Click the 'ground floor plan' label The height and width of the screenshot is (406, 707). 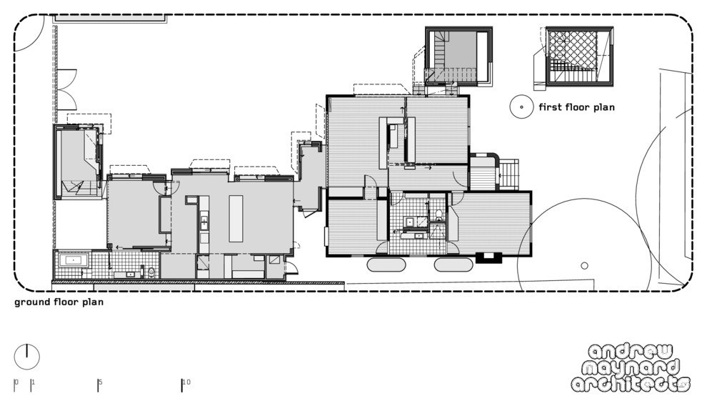(59, 302)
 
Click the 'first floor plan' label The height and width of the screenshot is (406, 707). (576, 107)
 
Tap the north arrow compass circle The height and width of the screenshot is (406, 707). (27, 357)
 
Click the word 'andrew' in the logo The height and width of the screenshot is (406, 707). (630, 352)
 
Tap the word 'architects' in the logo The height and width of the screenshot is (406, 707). (631, 384)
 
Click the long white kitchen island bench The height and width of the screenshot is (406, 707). (236, 218)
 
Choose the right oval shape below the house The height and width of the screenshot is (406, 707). (453, 264)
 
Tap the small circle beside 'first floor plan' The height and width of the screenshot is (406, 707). (521, 107)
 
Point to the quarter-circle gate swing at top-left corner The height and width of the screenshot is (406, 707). (29, 36)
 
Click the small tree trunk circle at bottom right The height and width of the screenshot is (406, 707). (584, 266)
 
